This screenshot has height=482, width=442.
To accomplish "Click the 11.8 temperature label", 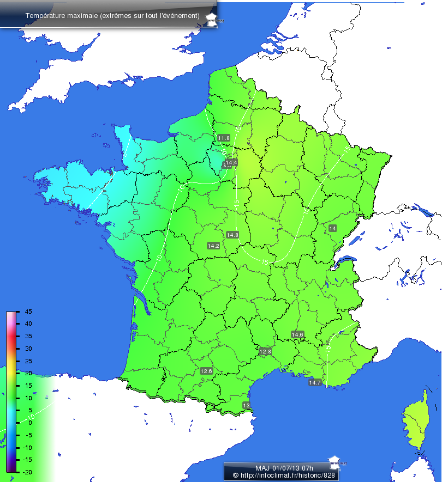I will coord(224,138).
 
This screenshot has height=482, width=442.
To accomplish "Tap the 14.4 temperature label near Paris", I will coord(232,162).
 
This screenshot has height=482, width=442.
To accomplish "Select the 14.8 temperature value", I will coord(232,235).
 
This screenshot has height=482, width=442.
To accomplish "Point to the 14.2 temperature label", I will coord(213,246).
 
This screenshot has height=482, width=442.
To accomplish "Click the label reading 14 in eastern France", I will coord(332,228).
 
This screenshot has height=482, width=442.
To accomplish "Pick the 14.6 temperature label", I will coord(297,334).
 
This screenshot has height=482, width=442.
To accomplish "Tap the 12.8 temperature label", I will coord(265,351).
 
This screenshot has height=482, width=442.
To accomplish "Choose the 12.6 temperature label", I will coord(206,371).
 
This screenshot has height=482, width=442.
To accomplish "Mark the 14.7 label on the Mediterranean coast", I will coord(315,382).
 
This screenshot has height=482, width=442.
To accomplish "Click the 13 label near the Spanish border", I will coord(246,405).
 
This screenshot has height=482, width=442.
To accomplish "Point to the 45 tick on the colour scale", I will coord(28,312).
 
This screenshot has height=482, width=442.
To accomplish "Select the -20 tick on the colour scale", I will coord(27,472).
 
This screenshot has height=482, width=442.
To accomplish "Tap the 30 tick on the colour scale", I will coord(28,349).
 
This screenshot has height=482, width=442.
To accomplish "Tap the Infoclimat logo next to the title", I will coord(214,18).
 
